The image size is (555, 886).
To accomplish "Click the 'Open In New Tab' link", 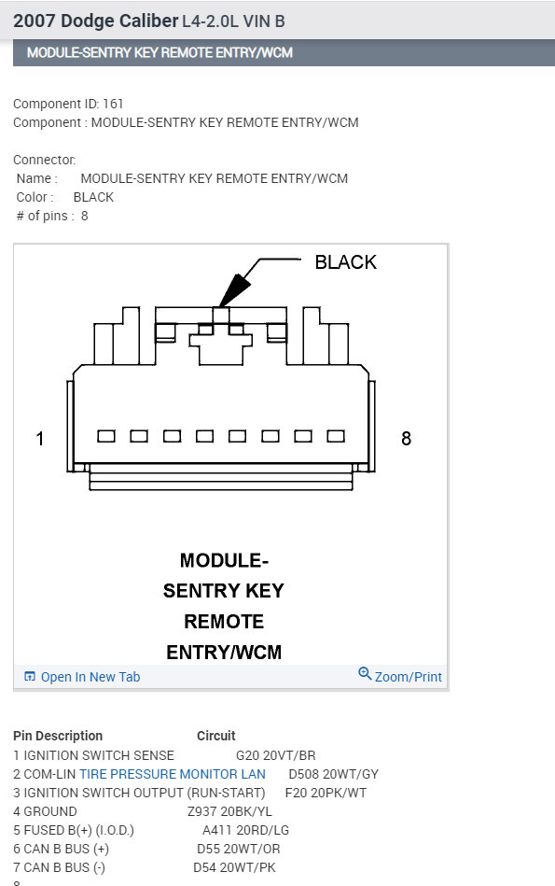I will click(x=90, y=677).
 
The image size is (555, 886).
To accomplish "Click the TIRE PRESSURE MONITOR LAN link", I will click(x=173, y=774).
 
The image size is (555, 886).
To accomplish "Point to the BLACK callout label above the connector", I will click(x=345, y=262).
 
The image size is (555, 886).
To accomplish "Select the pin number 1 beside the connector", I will click(x=40, y=438).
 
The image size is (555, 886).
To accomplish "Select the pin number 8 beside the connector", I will click(x=406, y=438).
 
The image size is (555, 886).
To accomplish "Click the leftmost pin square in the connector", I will click(x=106, y=436).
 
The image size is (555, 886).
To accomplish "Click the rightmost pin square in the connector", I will click(x=336, y=436).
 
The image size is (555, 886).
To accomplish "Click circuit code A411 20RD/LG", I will click(x=245, y=830).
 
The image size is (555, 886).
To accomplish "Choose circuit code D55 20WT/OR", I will click(x=238, y=849).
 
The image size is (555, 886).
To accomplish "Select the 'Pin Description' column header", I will click(x=58, y=736).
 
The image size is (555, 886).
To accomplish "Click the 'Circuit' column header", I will click(x=215, y=736).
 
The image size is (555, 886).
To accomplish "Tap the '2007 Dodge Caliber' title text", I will click(x=95, y=20).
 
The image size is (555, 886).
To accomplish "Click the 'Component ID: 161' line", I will click(x=68, y=104).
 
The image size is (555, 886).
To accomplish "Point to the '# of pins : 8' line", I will click(x=52, y=216).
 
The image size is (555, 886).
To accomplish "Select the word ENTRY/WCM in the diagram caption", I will click(x=224, y=652).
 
